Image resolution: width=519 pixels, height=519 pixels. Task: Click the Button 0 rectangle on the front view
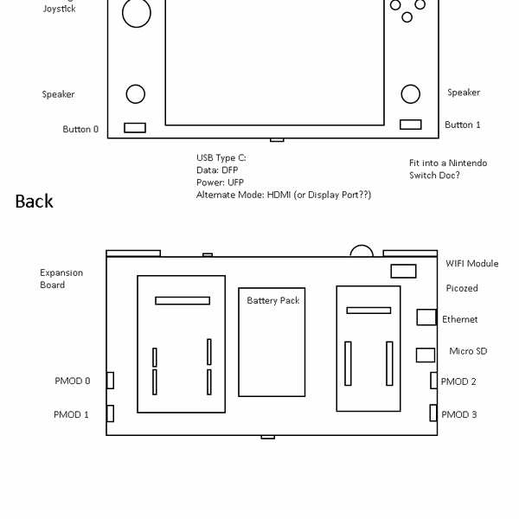(135, 127)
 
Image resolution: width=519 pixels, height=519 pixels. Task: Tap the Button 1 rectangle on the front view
(410, 125)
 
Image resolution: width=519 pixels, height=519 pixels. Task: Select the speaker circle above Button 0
(135, 93)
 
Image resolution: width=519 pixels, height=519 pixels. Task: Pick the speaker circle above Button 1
(410, 93)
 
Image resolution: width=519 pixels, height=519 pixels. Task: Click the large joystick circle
(136, 12)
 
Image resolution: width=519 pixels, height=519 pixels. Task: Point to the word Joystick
(58, 9)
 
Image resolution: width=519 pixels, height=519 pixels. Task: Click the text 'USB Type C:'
(221, 158)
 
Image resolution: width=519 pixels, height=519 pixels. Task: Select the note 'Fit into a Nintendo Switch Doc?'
(447, 169)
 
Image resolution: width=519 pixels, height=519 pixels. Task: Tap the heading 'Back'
(35, 202)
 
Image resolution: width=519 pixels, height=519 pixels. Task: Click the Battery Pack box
(272, 342)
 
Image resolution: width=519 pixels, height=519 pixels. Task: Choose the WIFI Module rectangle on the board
(403, 271)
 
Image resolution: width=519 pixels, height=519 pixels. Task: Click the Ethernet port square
(426, 317)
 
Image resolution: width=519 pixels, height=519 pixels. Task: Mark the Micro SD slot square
(425, 355)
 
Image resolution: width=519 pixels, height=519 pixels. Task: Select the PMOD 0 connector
(110, 380)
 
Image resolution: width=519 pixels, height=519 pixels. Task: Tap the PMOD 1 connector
(110, 413)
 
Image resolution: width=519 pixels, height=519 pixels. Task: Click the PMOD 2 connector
(434, 380)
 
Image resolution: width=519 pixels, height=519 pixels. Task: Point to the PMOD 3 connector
(434, 413)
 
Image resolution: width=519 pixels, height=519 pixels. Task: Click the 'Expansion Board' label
(61, 279)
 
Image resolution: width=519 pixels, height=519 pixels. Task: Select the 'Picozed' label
(462, 288)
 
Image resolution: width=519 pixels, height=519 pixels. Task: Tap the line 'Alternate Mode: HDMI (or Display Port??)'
(284, 195)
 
